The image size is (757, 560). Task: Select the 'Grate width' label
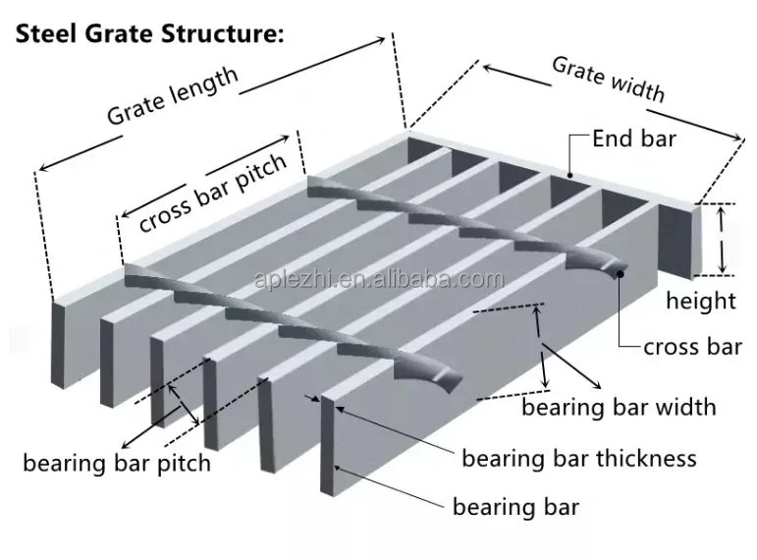point(608,80)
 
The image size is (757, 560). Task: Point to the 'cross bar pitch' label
point(213,193)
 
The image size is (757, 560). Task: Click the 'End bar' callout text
point(633,139)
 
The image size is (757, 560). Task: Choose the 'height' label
point(700,300)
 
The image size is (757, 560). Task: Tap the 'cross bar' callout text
point(692,346)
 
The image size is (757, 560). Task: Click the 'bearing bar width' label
point(619,406)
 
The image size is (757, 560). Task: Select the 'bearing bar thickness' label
point(578,458)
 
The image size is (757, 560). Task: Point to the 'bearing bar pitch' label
point(117,462)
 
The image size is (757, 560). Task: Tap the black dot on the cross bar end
point(621,274)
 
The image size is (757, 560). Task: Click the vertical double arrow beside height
point(723,239)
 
